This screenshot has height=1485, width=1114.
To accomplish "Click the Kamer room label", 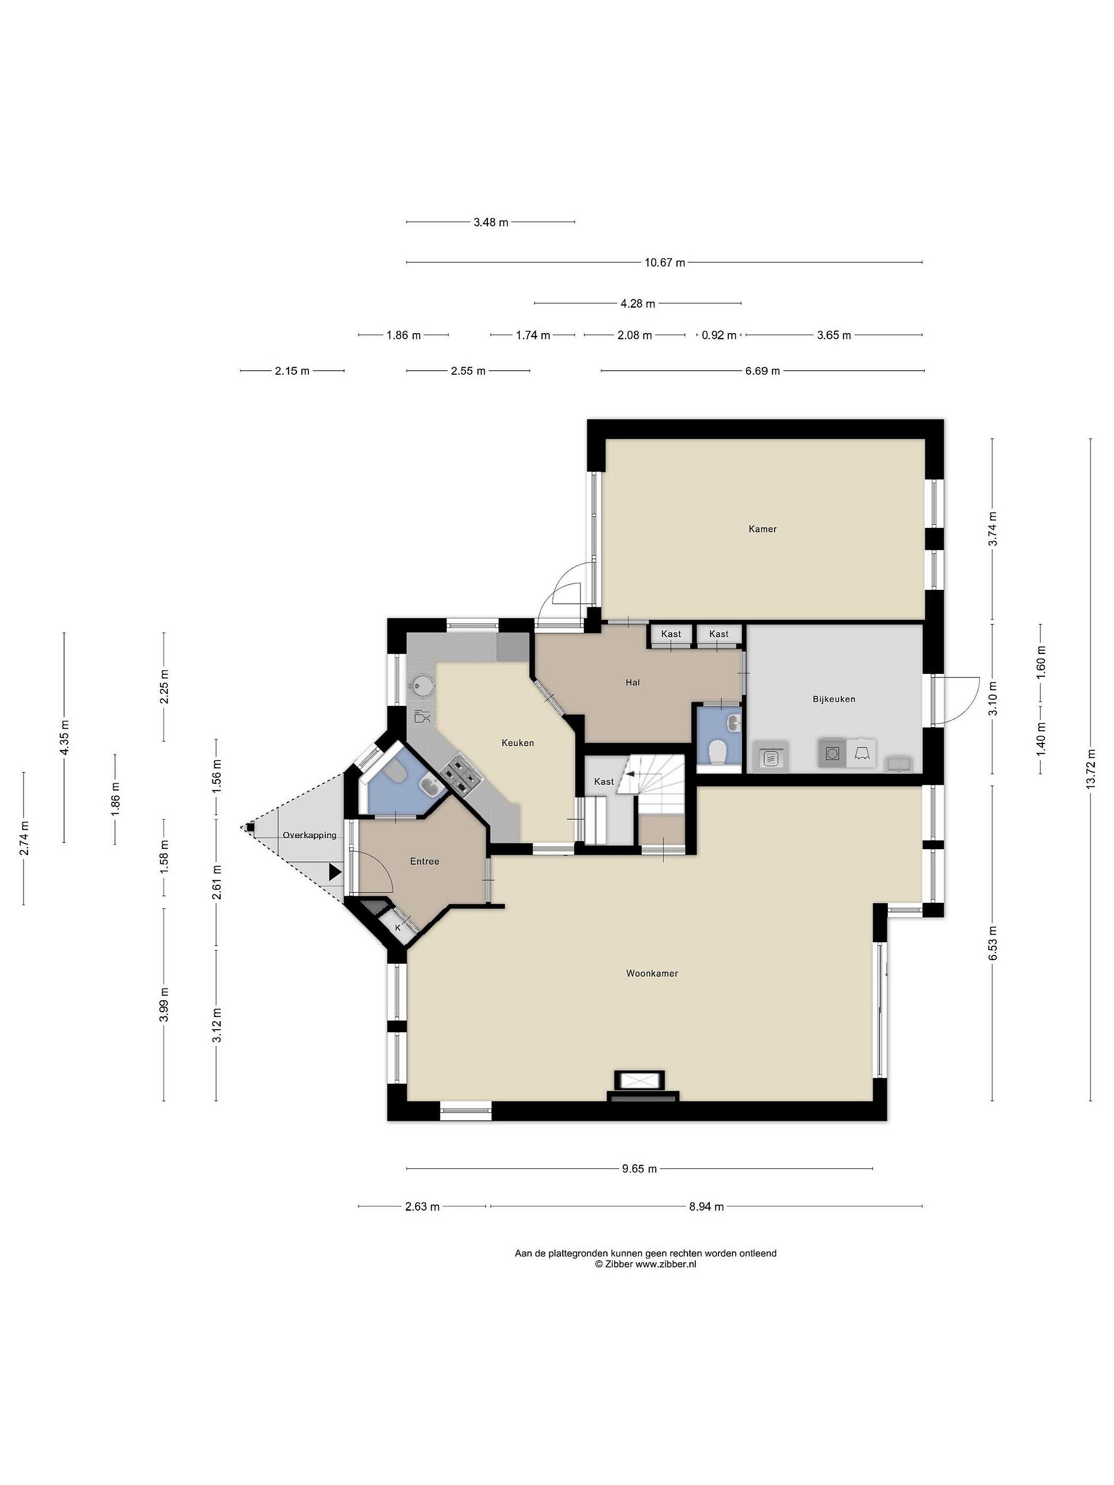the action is point(762,529).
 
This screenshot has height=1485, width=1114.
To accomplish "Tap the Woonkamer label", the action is point(651,973).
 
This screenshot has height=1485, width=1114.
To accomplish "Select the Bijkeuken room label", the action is point(833,699).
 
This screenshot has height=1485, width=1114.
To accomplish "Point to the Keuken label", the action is point(518,742).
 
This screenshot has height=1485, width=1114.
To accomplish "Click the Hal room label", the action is point(632,683).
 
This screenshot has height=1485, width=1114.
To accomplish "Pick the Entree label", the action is point(424,861).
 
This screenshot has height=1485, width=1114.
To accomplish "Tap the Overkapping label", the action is point(309,835).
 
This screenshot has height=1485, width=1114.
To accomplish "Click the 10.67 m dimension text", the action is point(665,262).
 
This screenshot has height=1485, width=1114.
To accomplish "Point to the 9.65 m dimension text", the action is point(639,1169).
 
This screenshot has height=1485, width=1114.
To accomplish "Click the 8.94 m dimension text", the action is point(707,1207).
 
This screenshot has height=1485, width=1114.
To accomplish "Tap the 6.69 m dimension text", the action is point(762,371).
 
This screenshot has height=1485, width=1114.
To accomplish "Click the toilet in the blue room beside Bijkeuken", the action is point(718,752).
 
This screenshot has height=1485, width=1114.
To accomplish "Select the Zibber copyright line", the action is point(645,1264).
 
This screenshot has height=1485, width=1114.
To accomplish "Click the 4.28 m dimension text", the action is point(638,303).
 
